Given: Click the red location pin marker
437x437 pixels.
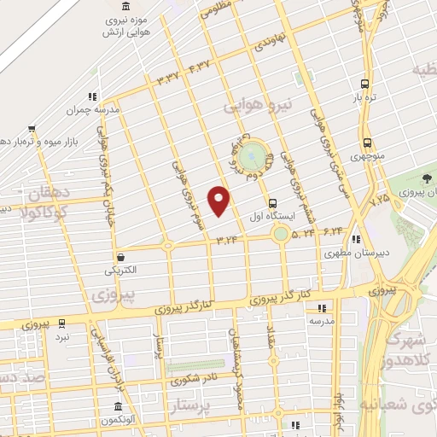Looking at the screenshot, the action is coord(219,200).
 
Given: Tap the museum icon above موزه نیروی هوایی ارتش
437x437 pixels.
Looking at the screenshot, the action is coord(126,7).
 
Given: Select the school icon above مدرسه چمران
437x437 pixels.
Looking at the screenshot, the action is coord(91,97).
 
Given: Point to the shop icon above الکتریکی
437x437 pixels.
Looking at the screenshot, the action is coord(120,256).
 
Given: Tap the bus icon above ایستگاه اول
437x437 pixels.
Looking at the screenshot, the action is coord(272,203).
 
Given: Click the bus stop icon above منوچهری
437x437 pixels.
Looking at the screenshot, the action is coord(366,143).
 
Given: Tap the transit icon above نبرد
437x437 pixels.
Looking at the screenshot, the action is coord(61,323).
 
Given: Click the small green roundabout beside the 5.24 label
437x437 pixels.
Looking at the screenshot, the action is coord(281,232).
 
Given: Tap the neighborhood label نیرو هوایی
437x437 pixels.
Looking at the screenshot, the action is coord(259,106).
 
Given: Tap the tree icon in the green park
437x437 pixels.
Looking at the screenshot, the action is coord(425,178).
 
